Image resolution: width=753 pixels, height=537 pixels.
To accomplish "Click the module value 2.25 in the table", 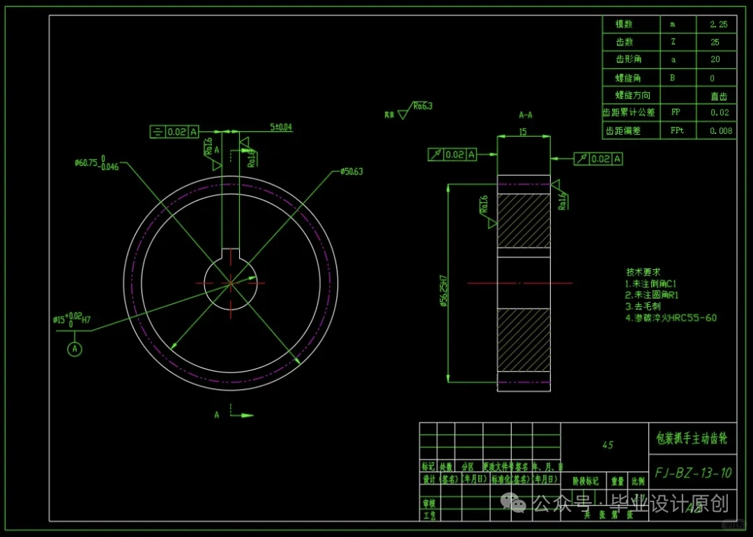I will (x=718, y=24).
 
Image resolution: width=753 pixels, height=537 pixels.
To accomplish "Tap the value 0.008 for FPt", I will (x=720, y=130).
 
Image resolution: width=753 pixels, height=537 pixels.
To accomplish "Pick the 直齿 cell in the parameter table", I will (x=718, y=96).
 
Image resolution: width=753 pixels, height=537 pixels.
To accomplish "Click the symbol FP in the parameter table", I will (x=676, y=112).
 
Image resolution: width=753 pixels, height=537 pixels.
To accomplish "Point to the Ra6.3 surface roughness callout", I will (x=422, y=107).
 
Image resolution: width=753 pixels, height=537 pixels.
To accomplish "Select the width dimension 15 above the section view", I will (x=523, y=131).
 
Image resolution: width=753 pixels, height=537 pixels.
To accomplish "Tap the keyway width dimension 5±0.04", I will (x=281, y=128).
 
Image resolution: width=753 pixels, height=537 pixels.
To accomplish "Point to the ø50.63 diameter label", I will (x=352, y=172).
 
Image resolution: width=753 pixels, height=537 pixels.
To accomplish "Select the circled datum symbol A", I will (x=75, y=349).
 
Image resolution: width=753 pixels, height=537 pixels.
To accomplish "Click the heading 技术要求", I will (x=642, y=272).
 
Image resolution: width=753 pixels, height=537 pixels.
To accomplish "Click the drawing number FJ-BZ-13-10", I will (x=692, y=473).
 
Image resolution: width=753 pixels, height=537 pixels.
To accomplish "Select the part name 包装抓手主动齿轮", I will (x=692, y=439).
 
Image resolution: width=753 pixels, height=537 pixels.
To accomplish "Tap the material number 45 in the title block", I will (x=607, y=444).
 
